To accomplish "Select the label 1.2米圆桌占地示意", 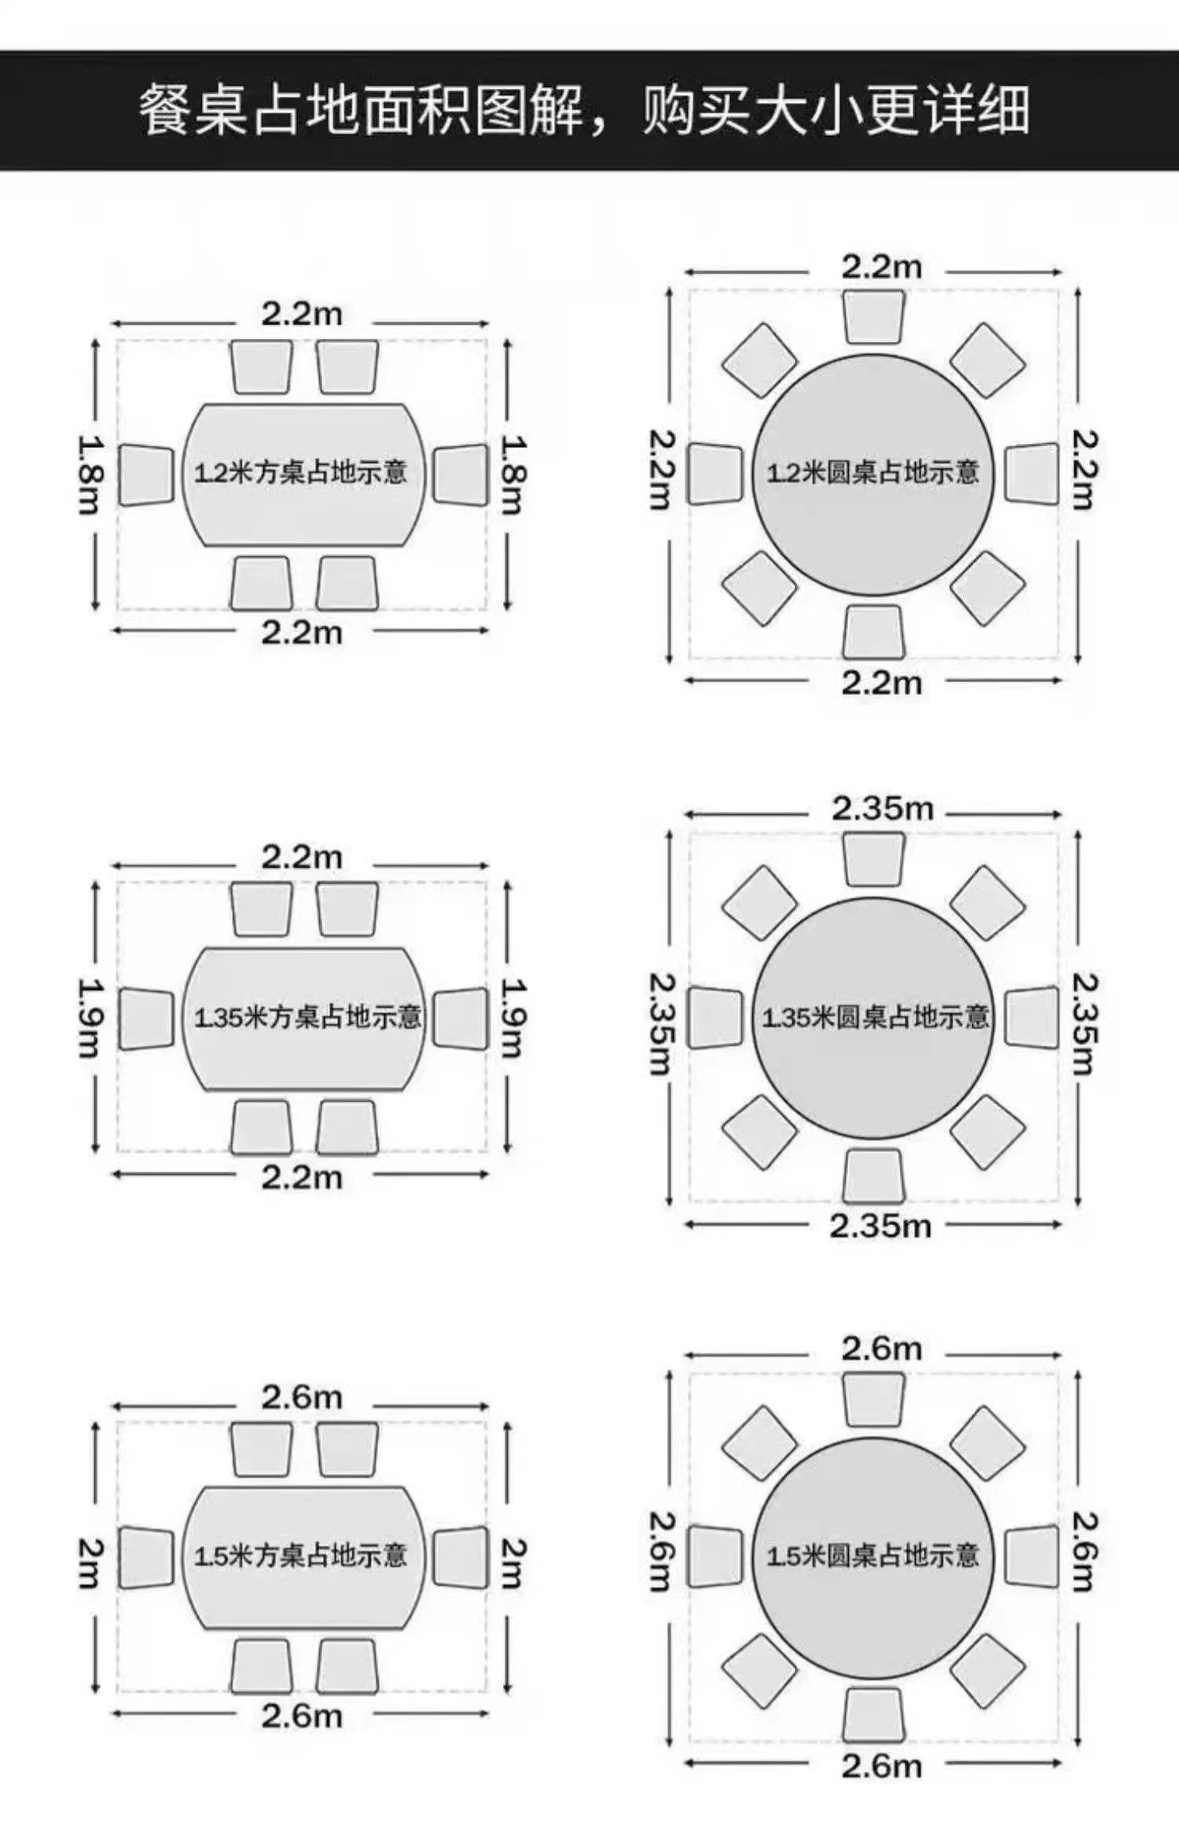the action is (872, 472).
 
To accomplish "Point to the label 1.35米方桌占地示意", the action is (307, 1017).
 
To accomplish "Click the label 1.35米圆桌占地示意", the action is (875, 1017).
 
